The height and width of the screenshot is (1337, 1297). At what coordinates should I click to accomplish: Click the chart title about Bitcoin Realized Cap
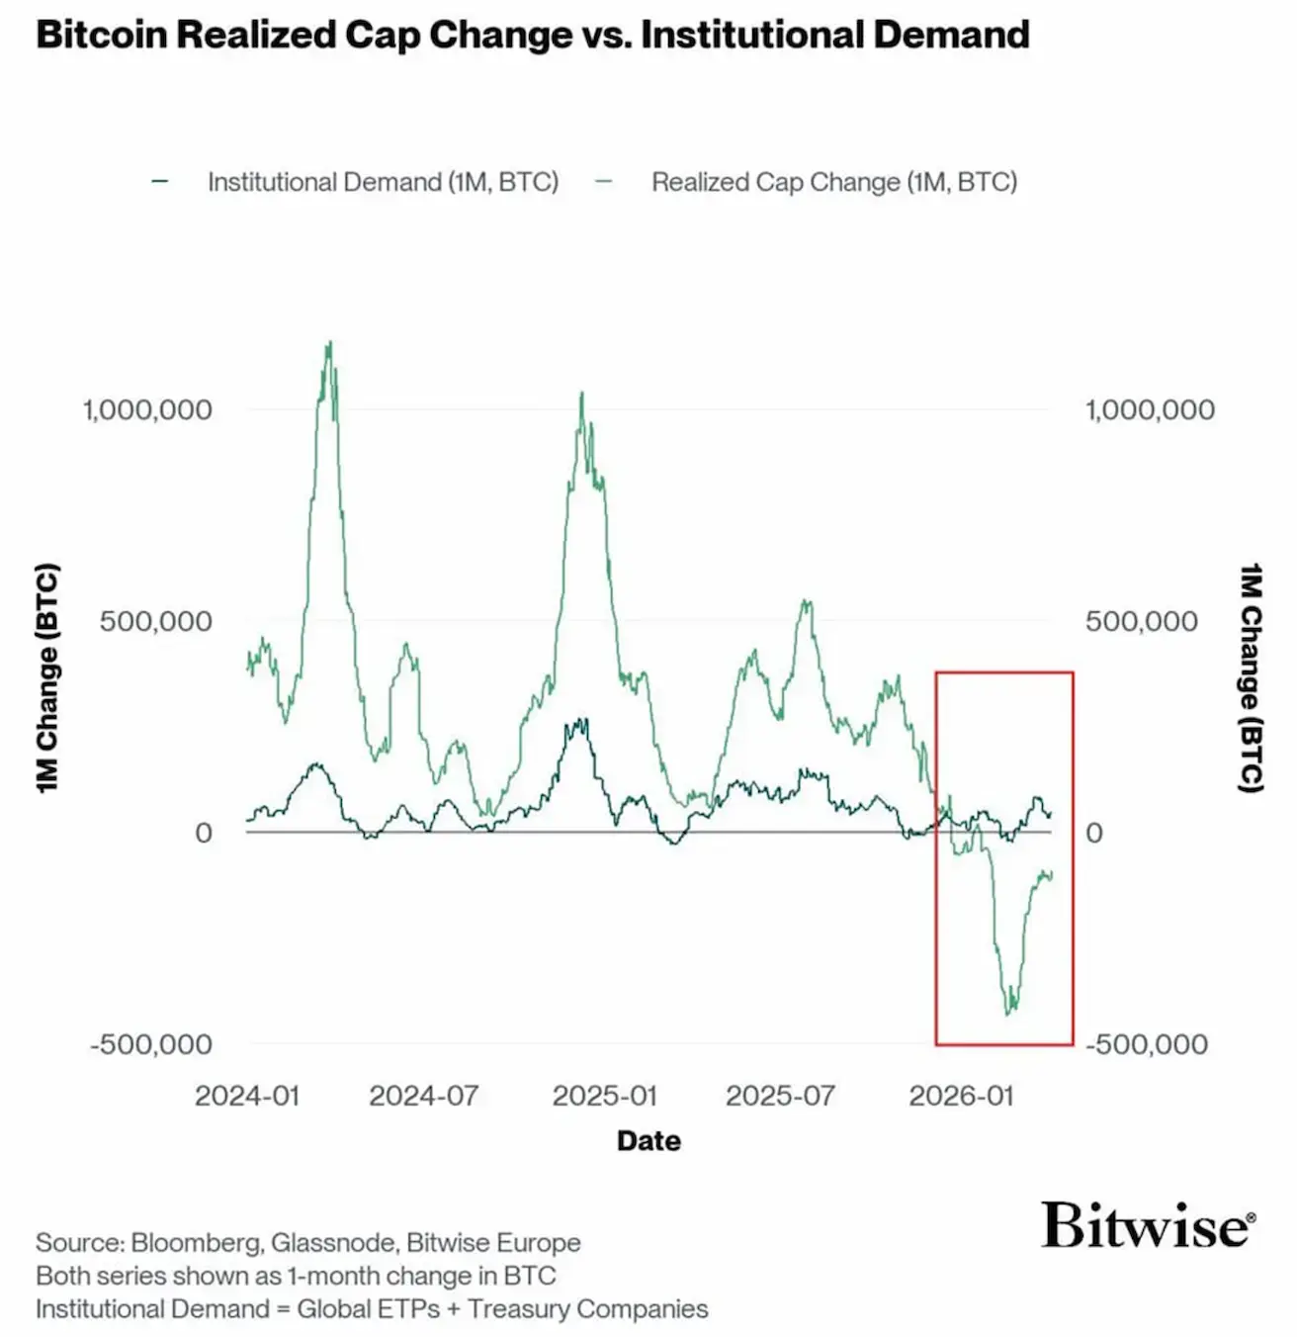(x=532, y=35)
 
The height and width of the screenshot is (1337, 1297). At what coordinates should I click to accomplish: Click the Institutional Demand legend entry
(x=382, y=182)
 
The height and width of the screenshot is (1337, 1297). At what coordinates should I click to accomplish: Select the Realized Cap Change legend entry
(x=833, y=182)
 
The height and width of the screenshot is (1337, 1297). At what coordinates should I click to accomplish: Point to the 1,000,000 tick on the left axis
(x=147, y=409)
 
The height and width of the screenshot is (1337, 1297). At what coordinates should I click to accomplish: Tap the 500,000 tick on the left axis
(x=156, y=621)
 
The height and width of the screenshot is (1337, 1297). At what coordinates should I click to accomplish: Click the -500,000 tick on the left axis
(x=151, y=1044)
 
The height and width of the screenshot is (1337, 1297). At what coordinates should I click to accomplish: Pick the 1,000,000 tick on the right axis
(x=1150, y=409)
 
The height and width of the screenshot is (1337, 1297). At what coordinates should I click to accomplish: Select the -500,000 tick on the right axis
(x=1147, y=1044)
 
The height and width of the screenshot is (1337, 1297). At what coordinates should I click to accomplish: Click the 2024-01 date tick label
(x=247, y=1096)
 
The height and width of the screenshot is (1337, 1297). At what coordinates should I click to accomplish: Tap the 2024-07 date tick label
(x=424, y=1096)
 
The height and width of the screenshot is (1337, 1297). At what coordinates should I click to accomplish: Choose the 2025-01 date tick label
(x=604, y=1096)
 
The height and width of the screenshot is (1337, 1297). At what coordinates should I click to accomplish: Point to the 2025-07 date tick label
(x=780, y=1096)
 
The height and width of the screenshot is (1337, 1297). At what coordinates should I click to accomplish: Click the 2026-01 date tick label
(x=961, y=1096)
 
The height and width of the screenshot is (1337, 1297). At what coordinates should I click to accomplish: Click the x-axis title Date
(x=648, y=1140)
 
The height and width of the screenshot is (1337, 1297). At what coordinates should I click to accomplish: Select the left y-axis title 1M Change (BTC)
(x=48, y=677)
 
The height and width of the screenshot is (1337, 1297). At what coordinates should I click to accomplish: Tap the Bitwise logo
(x=1148, y=1225)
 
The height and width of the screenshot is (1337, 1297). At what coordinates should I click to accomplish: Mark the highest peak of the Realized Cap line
(x=330, y=343)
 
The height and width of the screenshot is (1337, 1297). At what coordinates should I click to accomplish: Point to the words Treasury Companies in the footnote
(x=587, y=1309)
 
